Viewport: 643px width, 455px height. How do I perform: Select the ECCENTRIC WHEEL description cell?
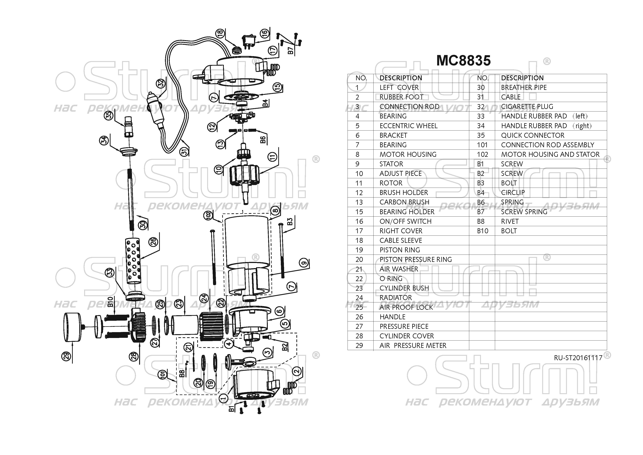pyautogui.click(x=408, y=126)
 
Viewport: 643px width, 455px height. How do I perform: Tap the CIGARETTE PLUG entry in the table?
pyautogui.click(x=527, y=107)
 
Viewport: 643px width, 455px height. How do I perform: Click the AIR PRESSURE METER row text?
pyautogui.click(x=413, y=346)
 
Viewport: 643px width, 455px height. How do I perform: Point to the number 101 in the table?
pyautogui.click(x=482, y=145)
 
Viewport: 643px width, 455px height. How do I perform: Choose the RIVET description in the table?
pyautogui.click(x=510, y=221)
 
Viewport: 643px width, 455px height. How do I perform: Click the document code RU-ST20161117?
pyautogui.click(x=578, y=358)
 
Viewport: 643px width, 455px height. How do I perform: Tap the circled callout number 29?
pyautogui.click(x=66, y=356)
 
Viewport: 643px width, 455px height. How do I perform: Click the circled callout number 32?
pyautogui.click(x=161, y=83)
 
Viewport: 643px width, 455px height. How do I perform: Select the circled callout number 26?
pyautogui.click(x=153, y=242)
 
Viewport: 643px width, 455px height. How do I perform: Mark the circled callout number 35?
pyautogui.click(x=109, y=115)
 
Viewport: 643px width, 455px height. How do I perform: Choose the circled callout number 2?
pyautogui.click(x=296, y=372)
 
